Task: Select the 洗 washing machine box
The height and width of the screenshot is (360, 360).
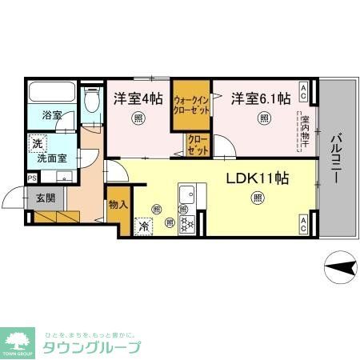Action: pyautogui.click(x=37, y=145)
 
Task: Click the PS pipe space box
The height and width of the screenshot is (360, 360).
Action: pyautogui.click(x=32, y=178)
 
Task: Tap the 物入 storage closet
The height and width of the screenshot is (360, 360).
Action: pyautogui.click(x=118, y=205)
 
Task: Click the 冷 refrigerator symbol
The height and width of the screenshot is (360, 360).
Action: pyautogui.click(x=144, y=226)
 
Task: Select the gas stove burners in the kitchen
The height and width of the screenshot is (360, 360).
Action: pyautogui.click(x=187, y=224)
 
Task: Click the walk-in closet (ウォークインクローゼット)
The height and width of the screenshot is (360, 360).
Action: pyautogui.click(x=192, y=105)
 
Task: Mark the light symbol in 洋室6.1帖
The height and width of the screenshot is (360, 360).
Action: pyautogui.click(x=263, y=119)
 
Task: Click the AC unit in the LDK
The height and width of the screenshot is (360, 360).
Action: pyautogui.click(x=304, y=223)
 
